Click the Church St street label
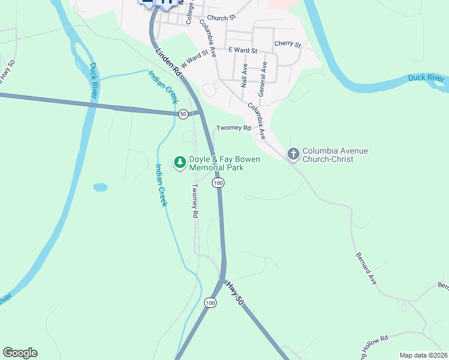[220, 19]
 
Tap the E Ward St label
[242, 51]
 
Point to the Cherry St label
[287, 44]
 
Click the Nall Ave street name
[244, 75]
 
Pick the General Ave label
[262, 75]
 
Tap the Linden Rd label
[169, 61]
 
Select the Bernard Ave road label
[365, 267]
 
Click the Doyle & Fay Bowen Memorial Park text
[217, 164]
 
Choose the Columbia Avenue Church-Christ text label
[335, 155]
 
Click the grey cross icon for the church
[293, 155]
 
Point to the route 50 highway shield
[182, 113]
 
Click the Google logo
[20, 353]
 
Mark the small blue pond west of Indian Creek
[100, 187]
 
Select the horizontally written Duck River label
[426, 78]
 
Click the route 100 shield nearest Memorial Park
[218, 182]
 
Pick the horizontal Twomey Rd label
[234, 128]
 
